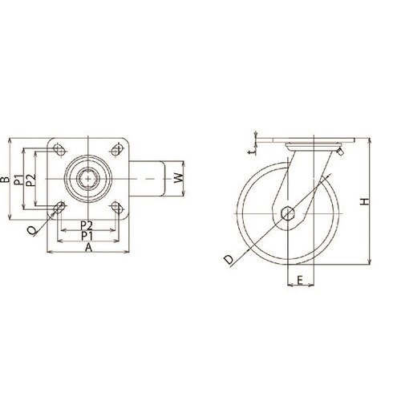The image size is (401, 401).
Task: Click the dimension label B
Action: coord(5,180)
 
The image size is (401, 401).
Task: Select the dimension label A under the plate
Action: coord(88,248)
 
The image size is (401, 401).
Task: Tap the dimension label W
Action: coord(179,178)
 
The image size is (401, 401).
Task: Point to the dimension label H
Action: coord(364,201)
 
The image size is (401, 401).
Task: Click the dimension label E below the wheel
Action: coord(300,280)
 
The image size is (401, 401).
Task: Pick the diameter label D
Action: coord(229,259)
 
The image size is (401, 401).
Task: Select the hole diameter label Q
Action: coord(32,230)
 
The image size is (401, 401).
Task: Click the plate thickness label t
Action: coord(251,152)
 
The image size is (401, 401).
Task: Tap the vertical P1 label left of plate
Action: coord(18,180)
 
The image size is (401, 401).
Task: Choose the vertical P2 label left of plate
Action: coord(31,180)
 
